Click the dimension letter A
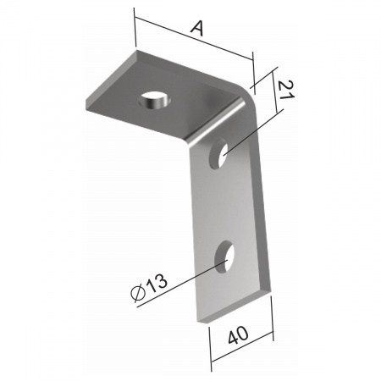point(197,29)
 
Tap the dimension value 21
point(285,90)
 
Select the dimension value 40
point(238,335)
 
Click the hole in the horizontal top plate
point(154,101)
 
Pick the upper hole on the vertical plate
point(218,155)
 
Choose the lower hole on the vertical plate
point(224,257)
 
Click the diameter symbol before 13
point(138,293)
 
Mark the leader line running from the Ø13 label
point(182,284)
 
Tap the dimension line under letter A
point(194,38)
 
